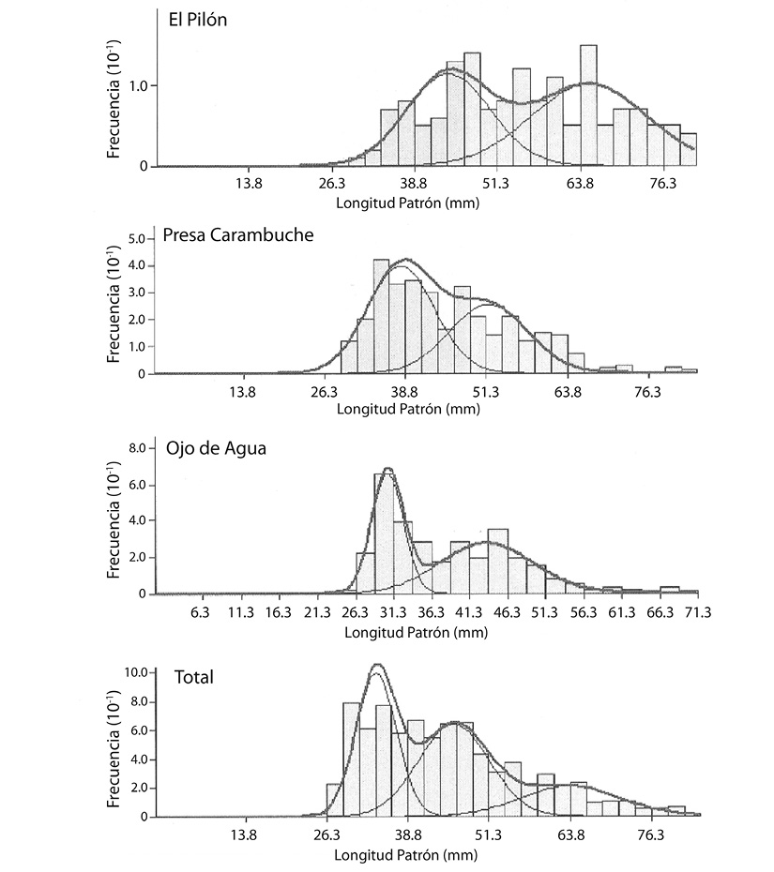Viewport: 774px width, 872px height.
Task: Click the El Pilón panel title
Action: [x=198, y=20]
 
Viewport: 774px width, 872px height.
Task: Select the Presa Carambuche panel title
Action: [x=237, y=234]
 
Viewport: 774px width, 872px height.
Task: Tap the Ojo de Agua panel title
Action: [x=216, y=448]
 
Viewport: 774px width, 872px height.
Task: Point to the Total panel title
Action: [x=193, y=677]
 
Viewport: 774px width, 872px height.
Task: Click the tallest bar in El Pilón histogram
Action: [x=588, y=105]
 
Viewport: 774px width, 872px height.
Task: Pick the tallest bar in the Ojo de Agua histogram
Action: [x=385, y=534]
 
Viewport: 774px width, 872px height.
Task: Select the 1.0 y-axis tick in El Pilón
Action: [x=138, y=86]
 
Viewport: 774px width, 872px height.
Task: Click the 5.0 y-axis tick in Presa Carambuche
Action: [x=137, y=239]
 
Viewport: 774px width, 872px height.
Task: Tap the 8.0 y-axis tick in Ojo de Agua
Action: [x=137, y=448]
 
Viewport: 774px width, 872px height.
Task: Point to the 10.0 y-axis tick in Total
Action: [x=136, y=672]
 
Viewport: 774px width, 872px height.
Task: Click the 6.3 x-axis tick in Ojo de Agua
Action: [x=200, y=612]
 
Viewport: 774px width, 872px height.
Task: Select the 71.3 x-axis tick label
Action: [x=698, y=612]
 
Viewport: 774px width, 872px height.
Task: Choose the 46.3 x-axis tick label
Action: [x=507, y=612]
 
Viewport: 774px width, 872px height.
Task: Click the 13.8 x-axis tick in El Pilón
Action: [x=249, y=184]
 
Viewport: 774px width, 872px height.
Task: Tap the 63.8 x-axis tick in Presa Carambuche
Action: [x=567, y=392]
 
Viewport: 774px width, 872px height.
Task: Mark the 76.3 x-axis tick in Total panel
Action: [x=650, y=834]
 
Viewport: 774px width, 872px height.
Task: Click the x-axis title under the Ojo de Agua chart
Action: [x=416, y=632]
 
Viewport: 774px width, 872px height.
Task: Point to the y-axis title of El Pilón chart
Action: [x=114, y=99]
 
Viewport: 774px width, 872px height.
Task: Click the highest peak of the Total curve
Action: [x=377, y=664]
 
